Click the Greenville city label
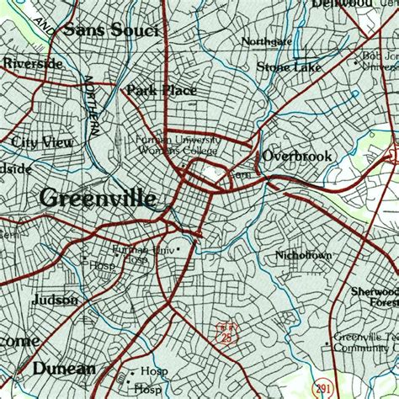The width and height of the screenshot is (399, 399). click(x=97, y=199)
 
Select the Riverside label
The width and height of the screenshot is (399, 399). click(x=32, y=63)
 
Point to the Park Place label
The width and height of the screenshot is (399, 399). click(x=161, y=90)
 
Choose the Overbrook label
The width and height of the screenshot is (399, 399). click(x=296, y=156)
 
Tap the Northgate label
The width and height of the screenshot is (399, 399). click(x=266, y=41)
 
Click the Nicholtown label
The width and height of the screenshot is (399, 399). click(x=303, y=254)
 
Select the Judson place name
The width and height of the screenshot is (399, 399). click(x=55, y=300)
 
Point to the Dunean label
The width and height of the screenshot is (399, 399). click(x=64, y=368)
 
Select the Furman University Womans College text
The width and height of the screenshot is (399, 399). click(x=178, y=145)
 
